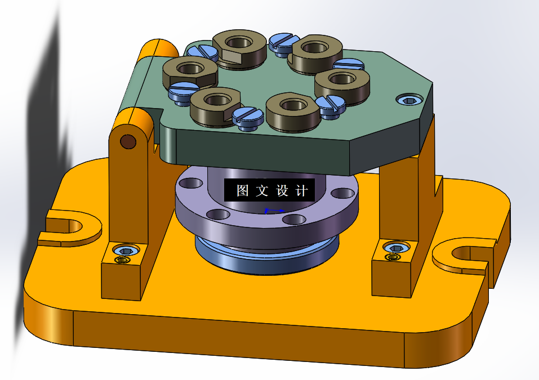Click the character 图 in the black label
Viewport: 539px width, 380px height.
click(x=242, y=190)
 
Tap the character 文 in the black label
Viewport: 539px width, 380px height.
click(x=262, y=190)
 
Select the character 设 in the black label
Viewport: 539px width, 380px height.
click(x=282, y=190)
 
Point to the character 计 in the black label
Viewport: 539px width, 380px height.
click(x=301, y=190)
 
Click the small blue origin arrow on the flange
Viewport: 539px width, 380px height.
click(x=274, y=211)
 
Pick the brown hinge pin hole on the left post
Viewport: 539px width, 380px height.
click(x=128, y=141)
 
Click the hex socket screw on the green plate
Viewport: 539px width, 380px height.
click(x=409, y=100)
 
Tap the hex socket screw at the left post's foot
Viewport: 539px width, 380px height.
click(x=126, y=250)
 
